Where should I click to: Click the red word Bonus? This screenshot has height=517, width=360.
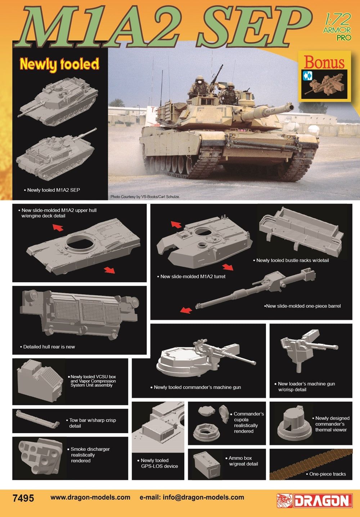click(x=324, y=62)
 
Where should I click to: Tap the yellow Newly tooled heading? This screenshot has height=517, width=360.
click(x=59, y=64)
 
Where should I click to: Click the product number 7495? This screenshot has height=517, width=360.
click(x=23, y=498)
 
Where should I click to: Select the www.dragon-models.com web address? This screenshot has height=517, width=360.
click(x=90, y=497)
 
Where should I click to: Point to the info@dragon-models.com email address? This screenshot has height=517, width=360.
click(x=203, y=497)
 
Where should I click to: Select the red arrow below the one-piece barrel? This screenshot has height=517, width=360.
click(x=186, y=310)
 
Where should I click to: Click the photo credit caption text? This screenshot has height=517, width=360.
click(x=145, y=197)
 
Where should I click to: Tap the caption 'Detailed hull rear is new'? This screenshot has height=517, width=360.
click(x=49, y=347)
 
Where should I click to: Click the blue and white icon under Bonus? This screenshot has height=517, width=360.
click(x=307, y=76)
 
